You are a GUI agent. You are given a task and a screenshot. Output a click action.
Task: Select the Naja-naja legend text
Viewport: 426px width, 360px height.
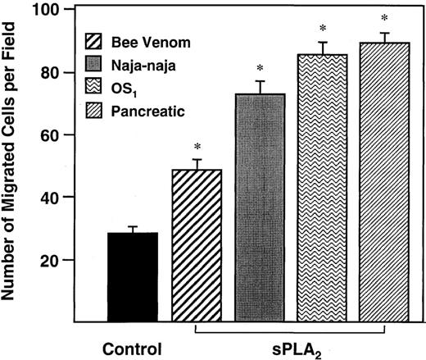coord(156,62)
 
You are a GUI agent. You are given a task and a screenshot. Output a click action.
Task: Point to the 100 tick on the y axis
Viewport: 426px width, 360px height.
coord(56,10)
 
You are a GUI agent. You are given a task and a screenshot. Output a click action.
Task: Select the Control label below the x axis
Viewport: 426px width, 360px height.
coord(132,347)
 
